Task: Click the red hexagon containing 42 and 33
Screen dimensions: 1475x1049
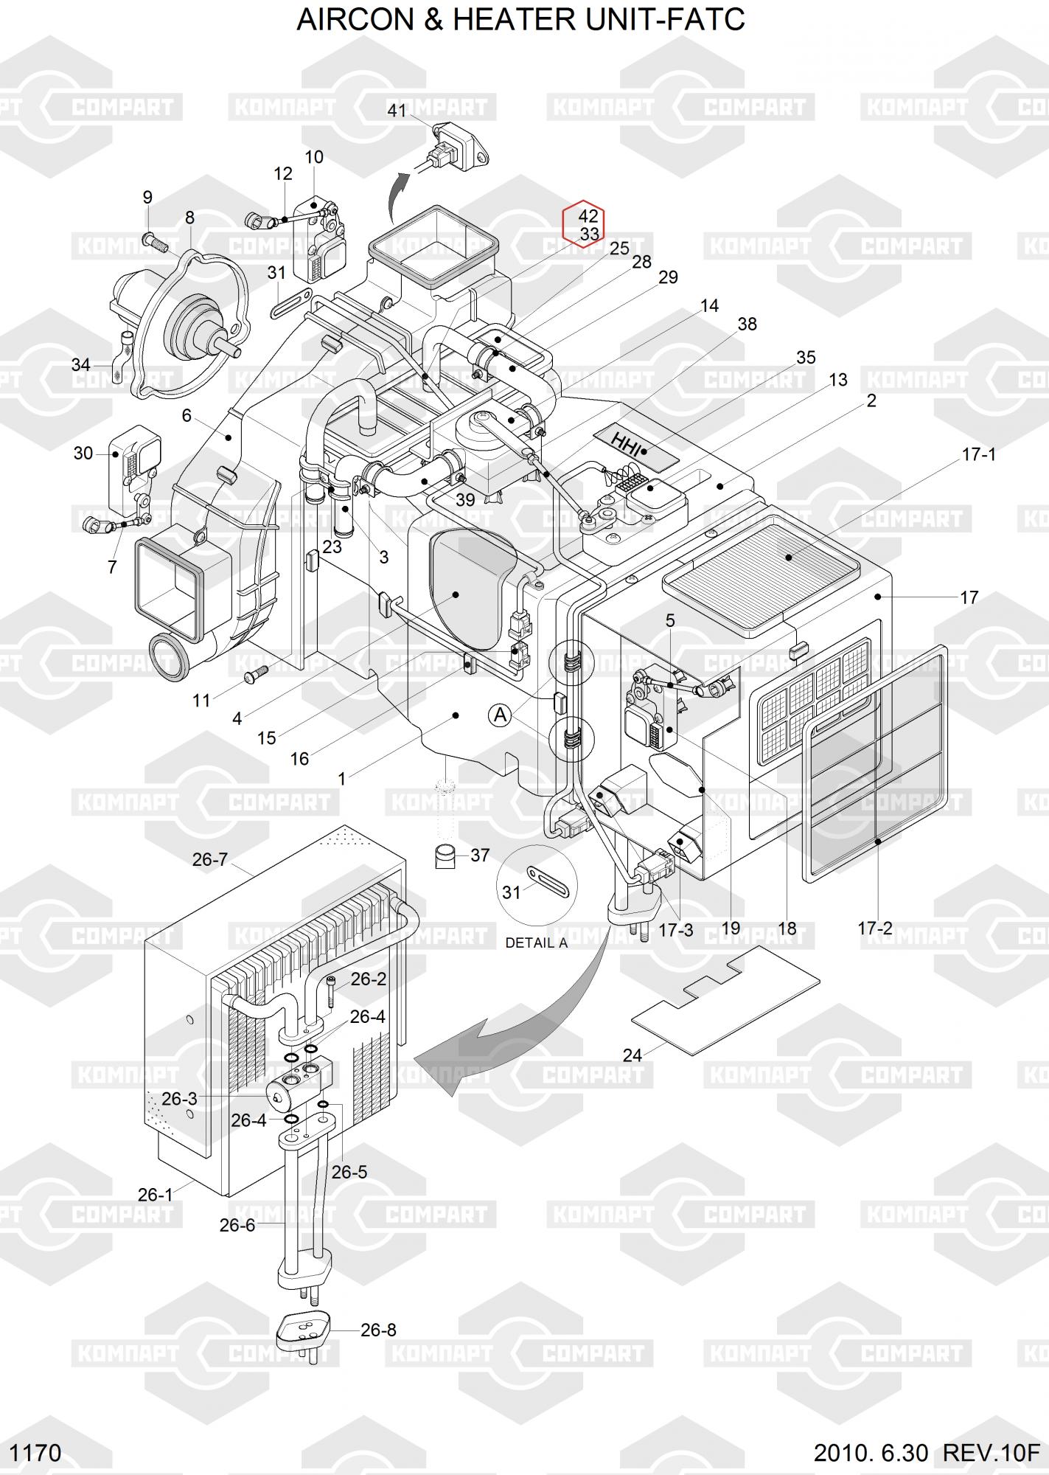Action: click(x=583, y=224)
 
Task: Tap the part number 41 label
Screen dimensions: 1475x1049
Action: click(x=397, y=111)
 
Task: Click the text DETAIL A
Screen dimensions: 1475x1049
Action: click(x=536, y=943)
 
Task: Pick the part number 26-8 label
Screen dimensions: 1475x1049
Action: click(x=378, y=1330)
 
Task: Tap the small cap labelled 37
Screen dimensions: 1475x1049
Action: click(x=445, y=857)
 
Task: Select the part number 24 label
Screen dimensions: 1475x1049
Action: click(x=632, y=1055)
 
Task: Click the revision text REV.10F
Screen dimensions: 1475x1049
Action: click(x=991, y=1453)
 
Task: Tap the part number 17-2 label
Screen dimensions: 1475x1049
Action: click(x=875, y=929)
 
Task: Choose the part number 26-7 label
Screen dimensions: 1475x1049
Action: click(x=210, y=859)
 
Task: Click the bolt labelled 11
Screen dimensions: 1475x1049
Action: click(x=254, y=673)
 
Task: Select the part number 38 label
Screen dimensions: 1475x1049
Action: click(x=747, y=324)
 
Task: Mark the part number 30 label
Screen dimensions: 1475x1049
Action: click(x=83, y=453)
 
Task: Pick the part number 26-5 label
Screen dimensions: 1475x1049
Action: click(x=349, y=1172)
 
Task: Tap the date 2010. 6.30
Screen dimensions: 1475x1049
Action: click(x=871, y=1453)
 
